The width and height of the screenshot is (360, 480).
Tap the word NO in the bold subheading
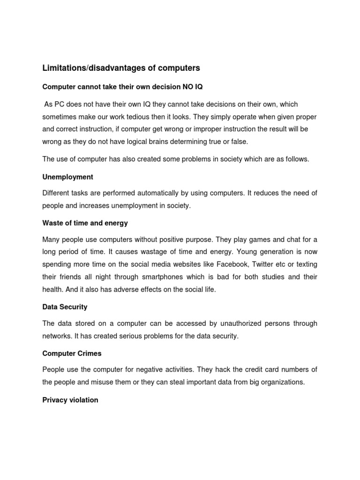tap(188, 88)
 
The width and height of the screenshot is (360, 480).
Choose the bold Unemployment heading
tap(67, 177)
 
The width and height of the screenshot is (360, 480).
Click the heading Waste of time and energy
tap(85, 223)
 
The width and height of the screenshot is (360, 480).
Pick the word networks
tap(56, 336)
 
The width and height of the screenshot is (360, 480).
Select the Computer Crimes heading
tap(72, 353)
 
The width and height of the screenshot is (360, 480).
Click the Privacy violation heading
tap(70, 400)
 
